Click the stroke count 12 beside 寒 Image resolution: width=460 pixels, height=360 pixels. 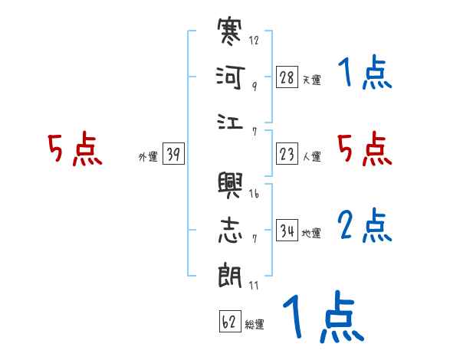tap(254, 41)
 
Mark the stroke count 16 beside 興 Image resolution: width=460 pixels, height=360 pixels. tap(254, 193)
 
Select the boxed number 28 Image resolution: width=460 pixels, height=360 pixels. tap(287, 77)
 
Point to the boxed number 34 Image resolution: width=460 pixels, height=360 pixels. tap(287, 231)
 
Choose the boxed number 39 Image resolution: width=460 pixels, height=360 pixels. tap(173, 155)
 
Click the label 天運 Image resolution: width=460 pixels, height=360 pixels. tap(311, 80)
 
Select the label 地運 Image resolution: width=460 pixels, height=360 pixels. tap(311, 233)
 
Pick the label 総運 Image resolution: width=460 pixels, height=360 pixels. tap(255, 324)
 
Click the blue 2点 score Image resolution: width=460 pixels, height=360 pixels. tap(365, 227)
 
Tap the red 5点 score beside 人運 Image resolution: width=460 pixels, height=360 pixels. tap(365, 149)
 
